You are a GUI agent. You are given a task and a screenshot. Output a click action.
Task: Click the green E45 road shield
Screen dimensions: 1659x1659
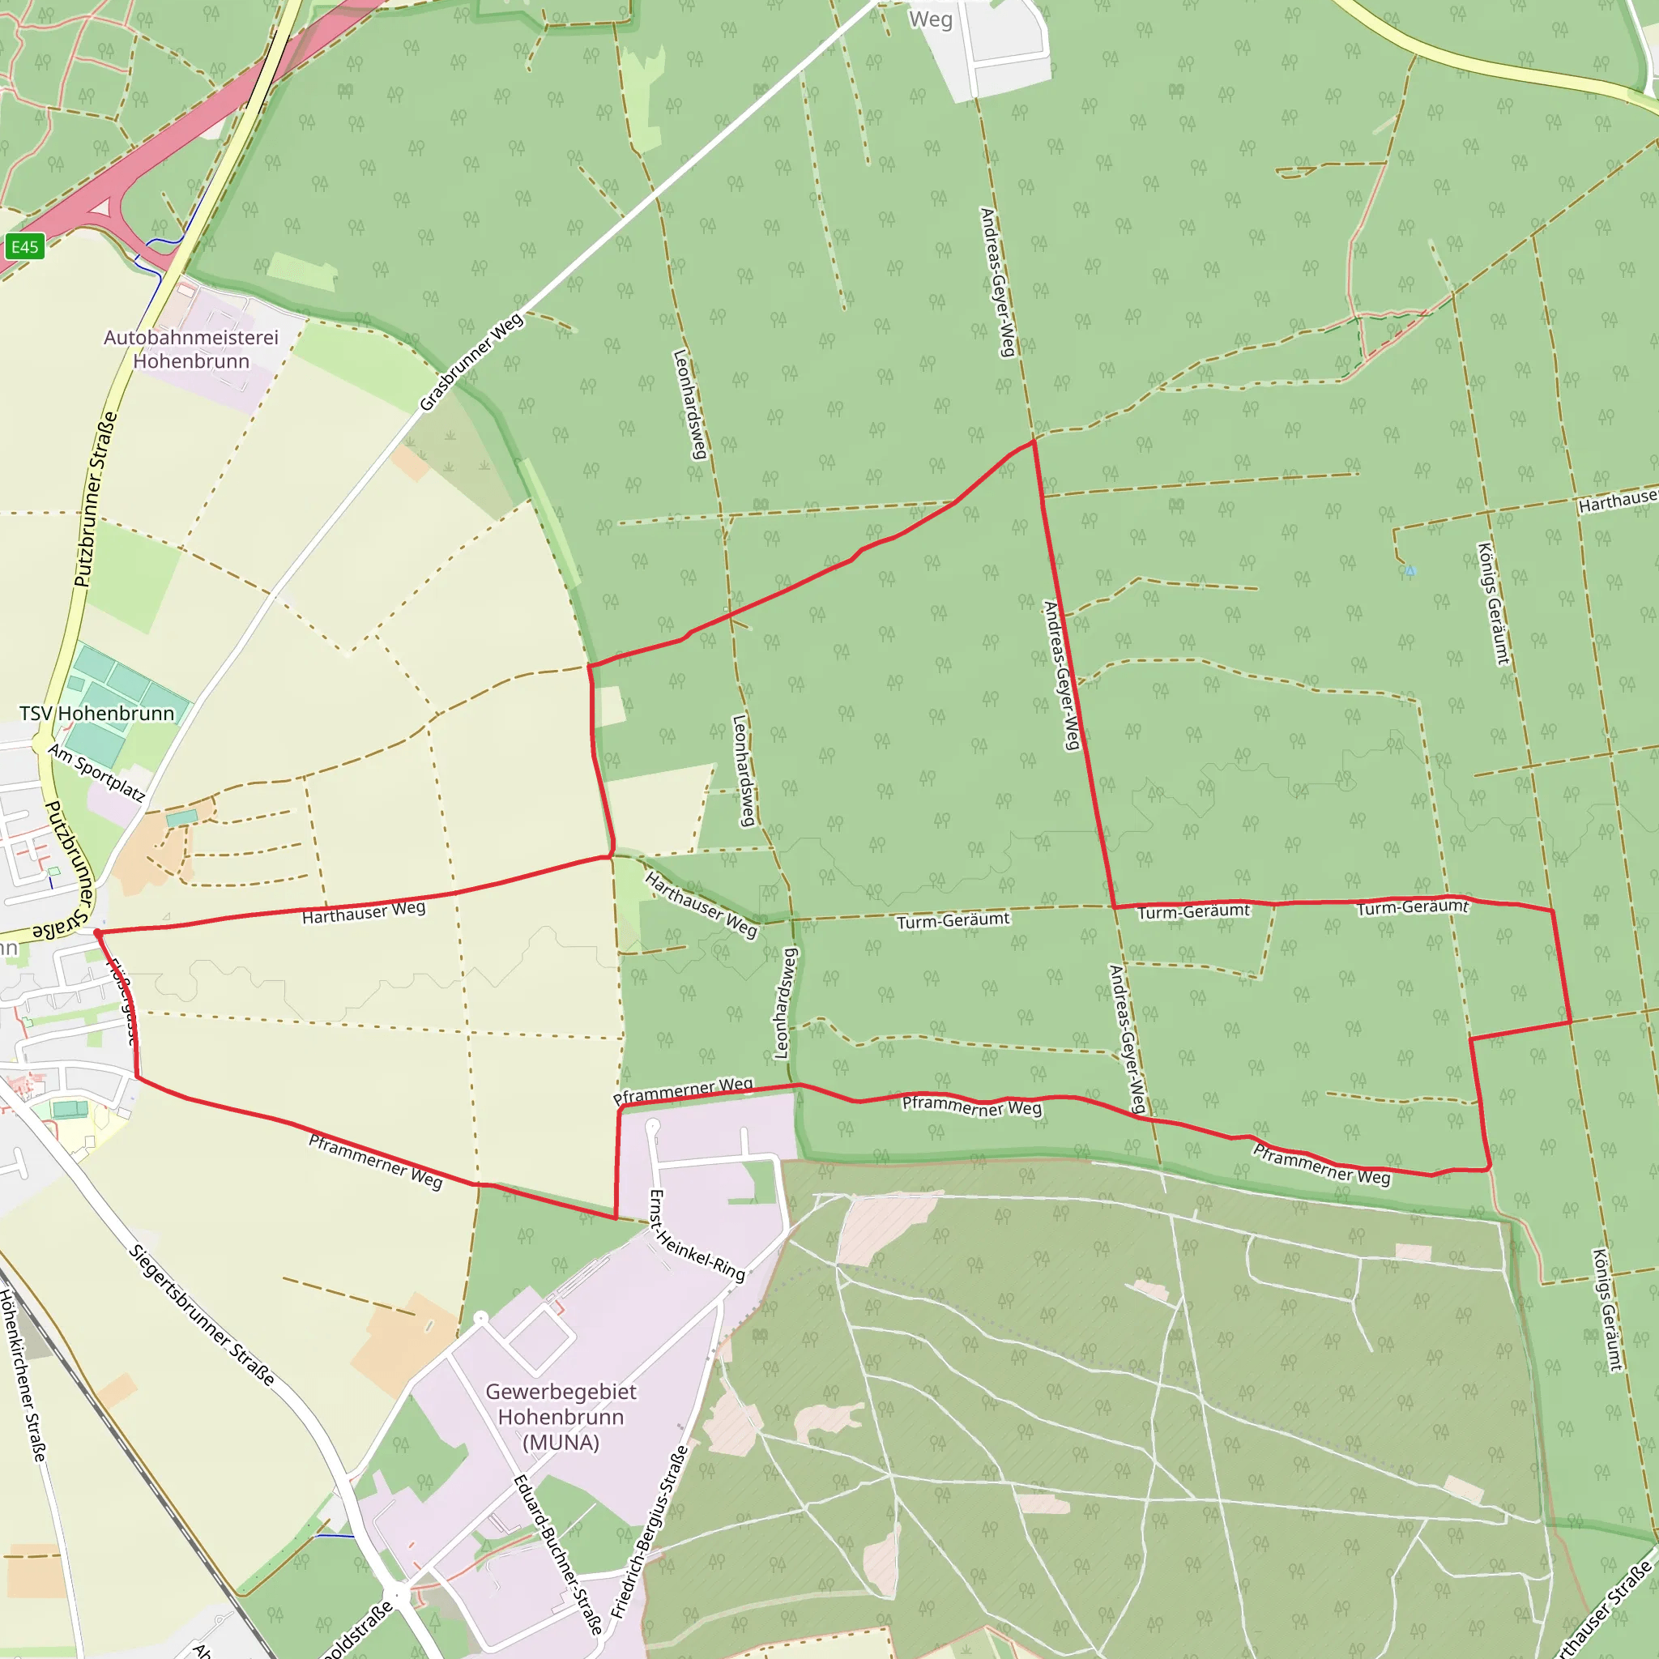point(24,247)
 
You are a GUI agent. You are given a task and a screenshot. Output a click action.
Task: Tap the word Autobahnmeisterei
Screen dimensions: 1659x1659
point(190,338)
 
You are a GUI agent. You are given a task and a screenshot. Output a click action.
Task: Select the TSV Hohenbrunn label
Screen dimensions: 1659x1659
point(96,714)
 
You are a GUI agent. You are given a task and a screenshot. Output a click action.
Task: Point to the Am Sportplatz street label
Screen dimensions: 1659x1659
point(96,772)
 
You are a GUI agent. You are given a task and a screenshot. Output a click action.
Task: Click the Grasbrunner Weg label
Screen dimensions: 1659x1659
point(471,362)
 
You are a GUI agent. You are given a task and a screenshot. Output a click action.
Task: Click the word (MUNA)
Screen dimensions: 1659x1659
point(561,1443)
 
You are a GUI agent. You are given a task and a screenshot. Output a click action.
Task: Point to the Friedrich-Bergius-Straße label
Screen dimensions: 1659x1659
point(650,1532)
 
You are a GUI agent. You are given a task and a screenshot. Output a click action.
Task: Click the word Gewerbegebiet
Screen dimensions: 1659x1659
point(561,1391)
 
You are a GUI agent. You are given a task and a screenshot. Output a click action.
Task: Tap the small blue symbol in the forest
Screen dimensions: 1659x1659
point(1410,570)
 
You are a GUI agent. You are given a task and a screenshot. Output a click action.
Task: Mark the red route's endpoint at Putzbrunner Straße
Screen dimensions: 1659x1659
point(98,932)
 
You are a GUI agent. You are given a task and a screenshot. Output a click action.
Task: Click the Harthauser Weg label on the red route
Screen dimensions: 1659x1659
point(363,912)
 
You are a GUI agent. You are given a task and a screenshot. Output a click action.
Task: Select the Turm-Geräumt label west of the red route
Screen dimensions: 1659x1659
point(953,921)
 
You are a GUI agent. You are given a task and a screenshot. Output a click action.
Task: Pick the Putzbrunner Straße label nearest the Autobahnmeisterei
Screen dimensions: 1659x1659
point(96,500)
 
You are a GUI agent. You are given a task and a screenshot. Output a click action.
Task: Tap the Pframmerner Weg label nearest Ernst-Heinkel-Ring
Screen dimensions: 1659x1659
point(683,1091)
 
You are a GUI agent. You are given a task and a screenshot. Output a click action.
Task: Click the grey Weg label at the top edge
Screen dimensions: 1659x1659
point(931,19)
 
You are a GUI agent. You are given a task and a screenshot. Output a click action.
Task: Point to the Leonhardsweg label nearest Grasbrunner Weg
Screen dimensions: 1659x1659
point(690,403)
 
